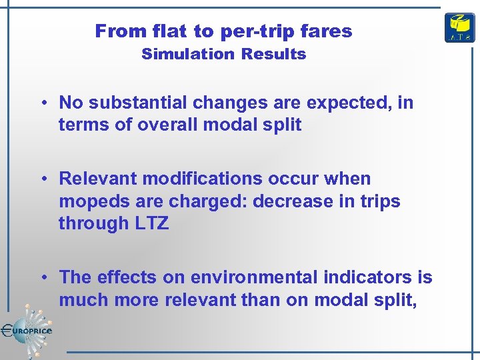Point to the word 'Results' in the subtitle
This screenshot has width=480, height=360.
[x=274, y=54]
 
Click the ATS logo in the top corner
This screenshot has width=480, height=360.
[x=459, y=28]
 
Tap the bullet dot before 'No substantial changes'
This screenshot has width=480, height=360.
[x=42, y=103]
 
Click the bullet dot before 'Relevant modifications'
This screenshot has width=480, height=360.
[x=42, y=179]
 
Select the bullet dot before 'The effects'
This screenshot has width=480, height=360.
[x=42, y=278]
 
